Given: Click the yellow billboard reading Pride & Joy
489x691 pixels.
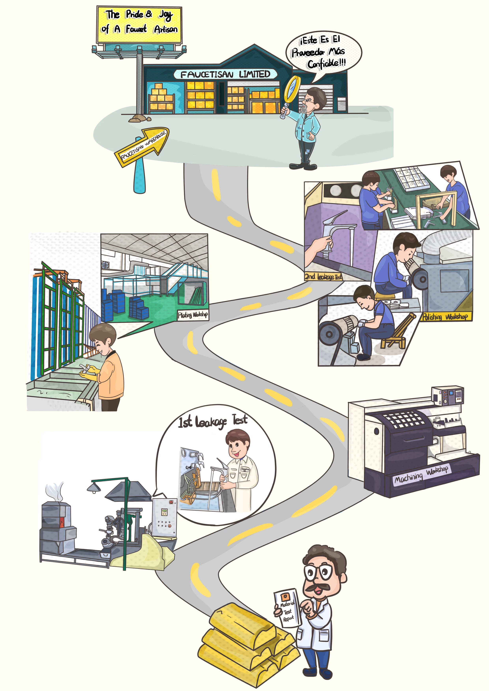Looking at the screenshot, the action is coord(139,24).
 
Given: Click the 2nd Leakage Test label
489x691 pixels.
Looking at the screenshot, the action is coord(323,276).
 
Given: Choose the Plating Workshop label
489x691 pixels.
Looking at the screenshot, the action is coord(192,315).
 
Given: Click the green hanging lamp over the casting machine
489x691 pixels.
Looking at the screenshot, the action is coord(94,487).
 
